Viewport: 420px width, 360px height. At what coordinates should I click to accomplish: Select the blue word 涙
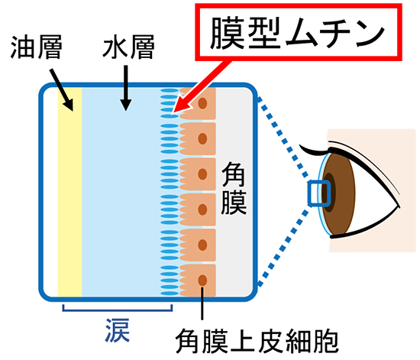click(118, 331)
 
